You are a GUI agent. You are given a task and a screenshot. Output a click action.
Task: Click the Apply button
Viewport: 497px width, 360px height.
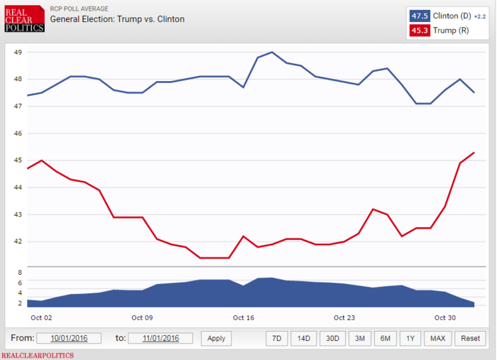[x=216, y=339]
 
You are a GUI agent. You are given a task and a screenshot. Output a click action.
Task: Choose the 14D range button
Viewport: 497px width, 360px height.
[x=304, y=339]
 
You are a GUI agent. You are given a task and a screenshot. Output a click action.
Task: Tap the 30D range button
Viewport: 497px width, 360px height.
[x=332, y=339]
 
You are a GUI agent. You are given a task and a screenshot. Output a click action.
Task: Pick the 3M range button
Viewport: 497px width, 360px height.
[x=359, y=339]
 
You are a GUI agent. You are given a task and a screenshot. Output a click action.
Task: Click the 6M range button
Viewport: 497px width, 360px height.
[x=384, y=339]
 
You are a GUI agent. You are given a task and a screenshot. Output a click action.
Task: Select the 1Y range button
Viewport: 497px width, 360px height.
[x=410, y=339]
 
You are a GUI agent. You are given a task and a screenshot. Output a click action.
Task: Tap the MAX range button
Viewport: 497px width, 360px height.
[x=437, y=339]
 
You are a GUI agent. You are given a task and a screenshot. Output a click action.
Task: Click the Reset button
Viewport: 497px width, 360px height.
[x=470, y=339]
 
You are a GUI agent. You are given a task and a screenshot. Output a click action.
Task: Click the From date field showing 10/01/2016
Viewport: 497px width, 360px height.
[x=69, y=339]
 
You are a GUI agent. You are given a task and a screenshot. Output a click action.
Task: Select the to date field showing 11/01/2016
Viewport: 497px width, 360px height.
[x=160, y=339]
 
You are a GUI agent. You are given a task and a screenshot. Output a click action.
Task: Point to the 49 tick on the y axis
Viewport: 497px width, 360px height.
[x=18, y=53]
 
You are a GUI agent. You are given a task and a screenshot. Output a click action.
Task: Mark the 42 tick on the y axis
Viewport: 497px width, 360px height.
[x=18, y=241]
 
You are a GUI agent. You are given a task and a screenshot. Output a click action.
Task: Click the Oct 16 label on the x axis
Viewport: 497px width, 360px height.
[x=244, y=317]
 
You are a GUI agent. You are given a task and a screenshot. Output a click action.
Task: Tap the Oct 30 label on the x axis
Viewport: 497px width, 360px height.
[x=445, y=317]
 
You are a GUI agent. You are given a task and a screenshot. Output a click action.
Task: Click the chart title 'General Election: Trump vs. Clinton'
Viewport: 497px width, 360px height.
[x=117, y=19]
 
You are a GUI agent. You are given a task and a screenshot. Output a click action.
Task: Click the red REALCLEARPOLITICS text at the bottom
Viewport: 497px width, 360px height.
[x=38, y=355]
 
